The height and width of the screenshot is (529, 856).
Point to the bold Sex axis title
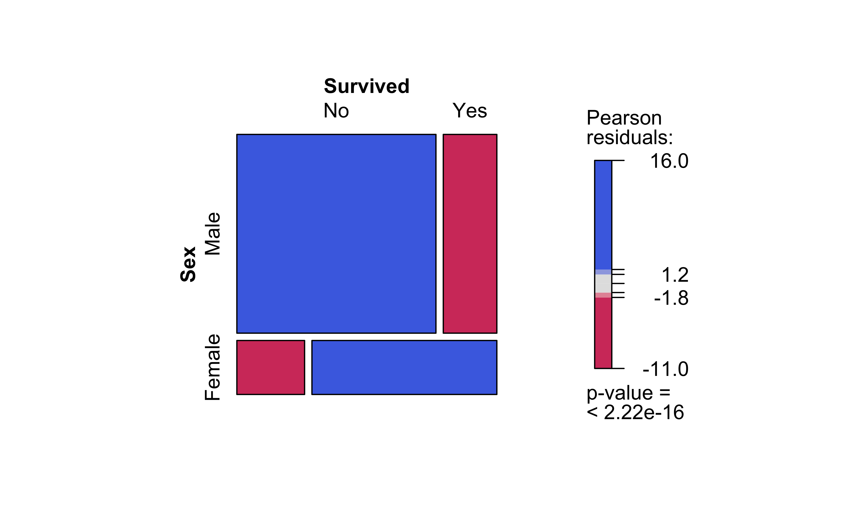[188, 264]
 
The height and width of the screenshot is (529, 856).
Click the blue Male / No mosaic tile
[336, 234]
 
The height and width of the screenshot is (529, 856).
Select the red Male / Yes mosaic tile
[470, 234]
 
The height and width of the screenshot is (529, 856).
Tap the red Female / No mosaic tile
[270, 367]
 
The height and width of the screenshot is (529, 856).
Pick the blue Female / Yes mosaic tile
[404, 367]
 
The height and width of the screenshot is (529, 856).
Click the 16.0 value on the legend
[669, 161]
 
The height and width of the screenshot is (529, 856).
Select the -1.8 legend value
[671, 298]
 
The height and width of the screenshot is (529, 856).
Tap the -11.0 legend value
[665, 369]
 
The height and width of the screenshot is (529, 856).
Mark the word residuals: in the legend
[630, 137]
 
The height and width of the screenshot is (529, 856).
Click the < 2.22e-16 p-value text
[635, 412]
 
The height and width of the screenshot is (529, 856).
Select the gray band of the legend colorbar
[603, 283]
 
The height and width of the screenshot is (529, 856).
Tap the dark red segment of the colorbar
[603, 332]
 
